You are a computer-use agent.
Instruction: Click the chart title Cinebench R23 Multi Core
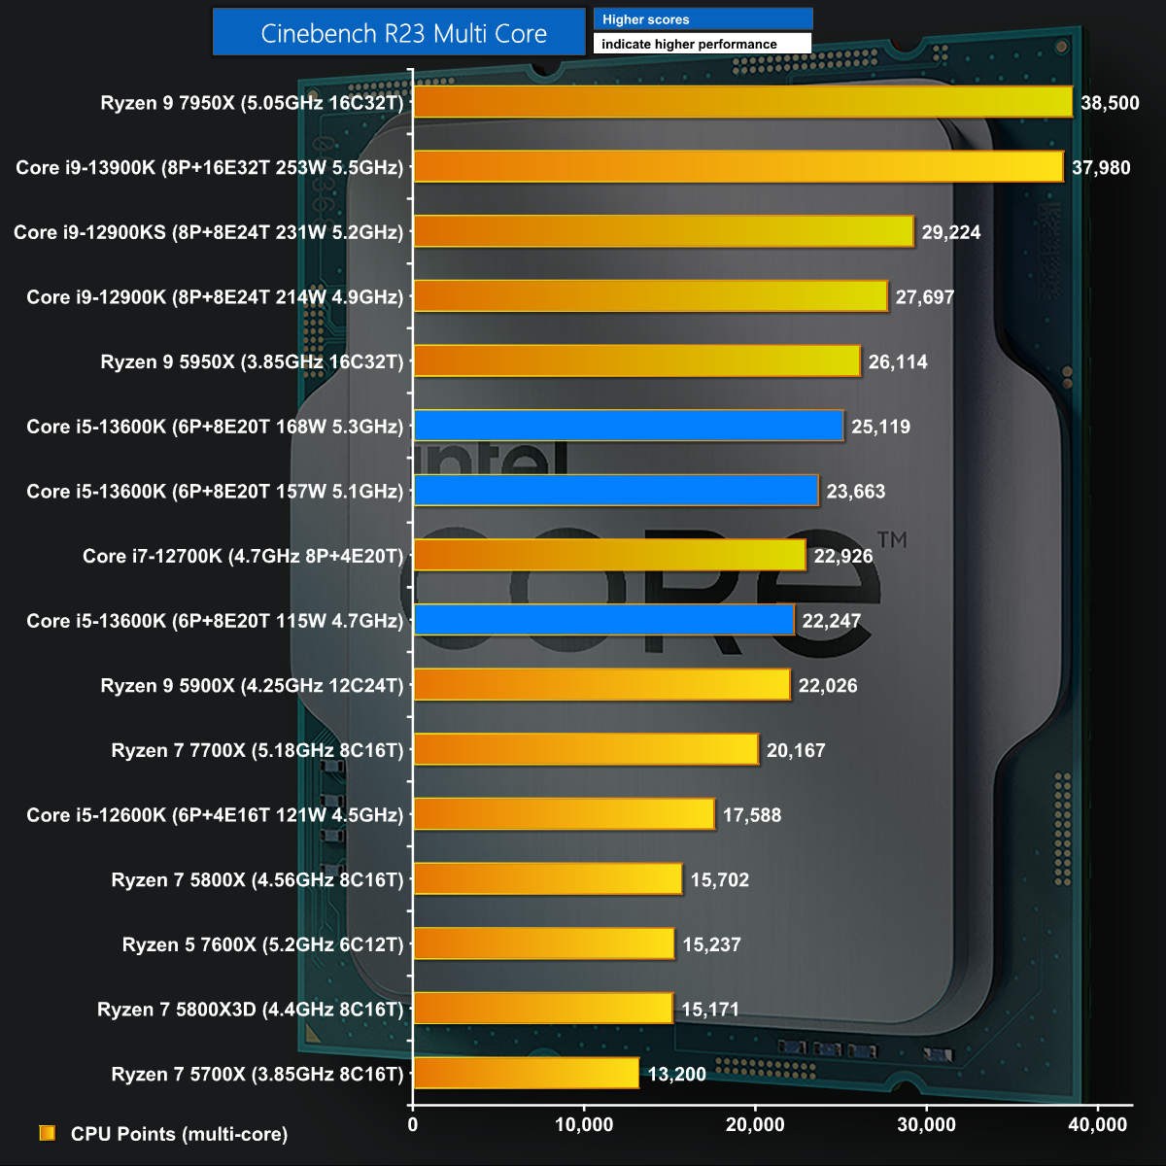point(403,33)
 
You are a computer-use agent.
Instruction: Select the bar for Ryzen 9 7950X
point(742,102)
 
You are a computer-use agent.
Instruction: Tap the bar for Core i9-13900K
point(738,167)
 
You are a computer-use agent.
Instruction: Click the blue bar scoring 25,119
point(629,427)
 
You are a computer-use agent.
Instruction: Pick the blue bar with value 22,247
point(603,621)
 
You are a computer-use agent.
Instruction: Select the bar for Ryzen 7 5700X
point(526,1074)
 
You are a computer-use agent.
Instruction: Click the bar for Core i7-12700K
point(609,556)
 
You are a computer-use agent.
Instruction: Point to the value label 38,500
point(1110,103)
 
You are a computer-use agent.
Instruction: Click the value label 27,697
point(925,297)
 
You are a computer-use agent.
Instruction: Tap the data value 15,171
point(710,1010)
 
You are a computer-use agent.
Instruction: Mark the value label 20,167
point(796,750)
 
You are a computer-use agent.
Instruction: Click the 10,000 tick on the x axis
point(584,1125)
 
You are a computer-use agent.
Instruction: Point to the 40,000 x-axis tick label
point(1097,1125)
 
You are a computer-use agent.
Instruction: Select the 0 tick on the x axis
point(413,1125)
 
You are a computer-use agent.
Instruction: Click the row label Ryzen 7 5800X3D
point(250,1010)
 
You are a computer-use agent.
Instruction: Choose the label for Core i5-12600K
point(215,815)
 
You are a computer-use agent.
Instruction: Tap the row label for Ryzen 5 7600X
point(262,944)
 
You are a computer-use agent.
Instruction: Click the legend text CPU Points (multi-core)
point(179,1134)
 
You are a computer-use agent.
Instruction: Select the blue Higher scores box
point(703,19)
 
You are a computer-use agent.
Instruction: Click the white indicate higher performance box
point(703,44)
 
